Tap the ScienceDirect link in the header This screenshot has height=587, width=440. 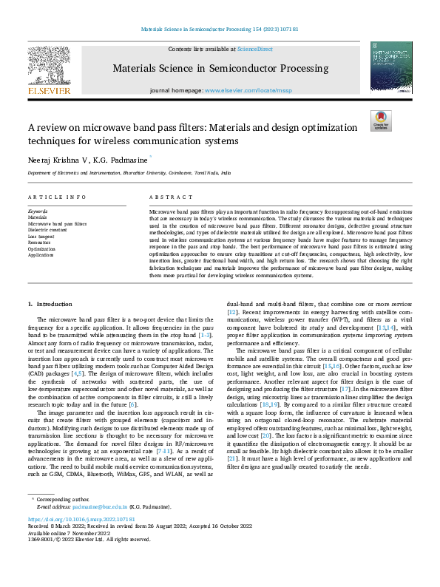point(254,49)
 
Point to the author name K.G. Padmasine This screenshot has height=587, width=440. point(121,159)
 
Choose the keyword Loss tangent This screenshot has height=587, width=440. point(41,236)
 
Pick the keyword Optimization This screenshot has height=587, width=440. point(41,248)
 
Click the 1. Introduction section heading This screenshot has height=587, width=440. point(50,304)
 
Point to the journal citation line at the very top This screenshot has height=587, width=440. point(220,29)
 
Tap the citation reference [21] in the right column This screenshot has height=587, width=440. point(231,460)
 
